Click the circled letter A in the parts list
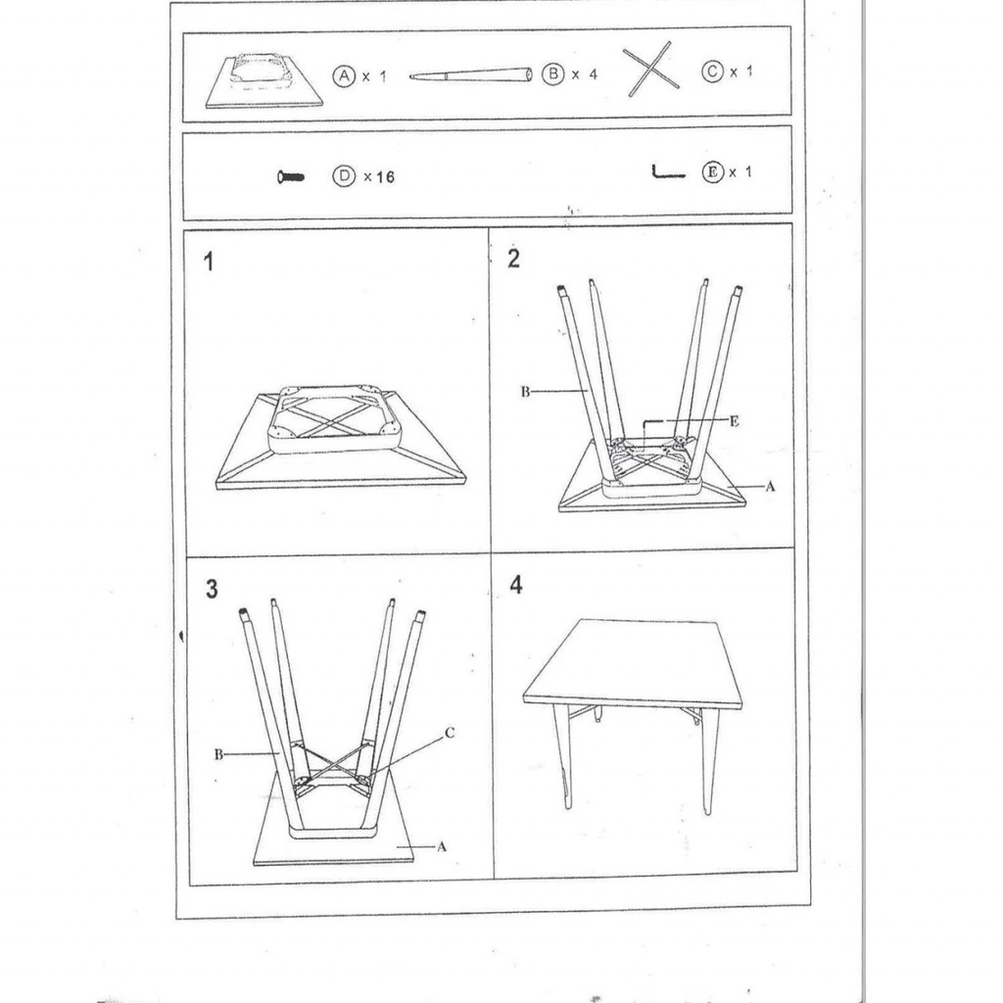(x=343, y=75)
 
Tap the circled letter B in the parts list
(x=552, y=74)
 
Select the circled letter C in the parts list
(x=712, y=72)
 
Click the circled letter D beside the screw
(x=343, y=176)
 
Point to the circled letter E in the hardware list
(x=712, y=172)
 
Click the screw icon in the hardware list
(x=291, y=177)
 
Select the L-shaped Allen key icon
(x=667, y=174)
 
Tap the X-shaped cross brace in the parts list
(x=650, y=69)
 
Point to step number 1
(x=209, y=262)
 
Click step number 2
(x=513, y=259)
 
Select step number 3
(x=212, y=589)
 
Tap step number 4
(x=516, y=586)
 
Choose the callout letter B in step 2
(x=525, y=392)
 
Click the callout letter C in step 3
(x=449, y=732)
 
